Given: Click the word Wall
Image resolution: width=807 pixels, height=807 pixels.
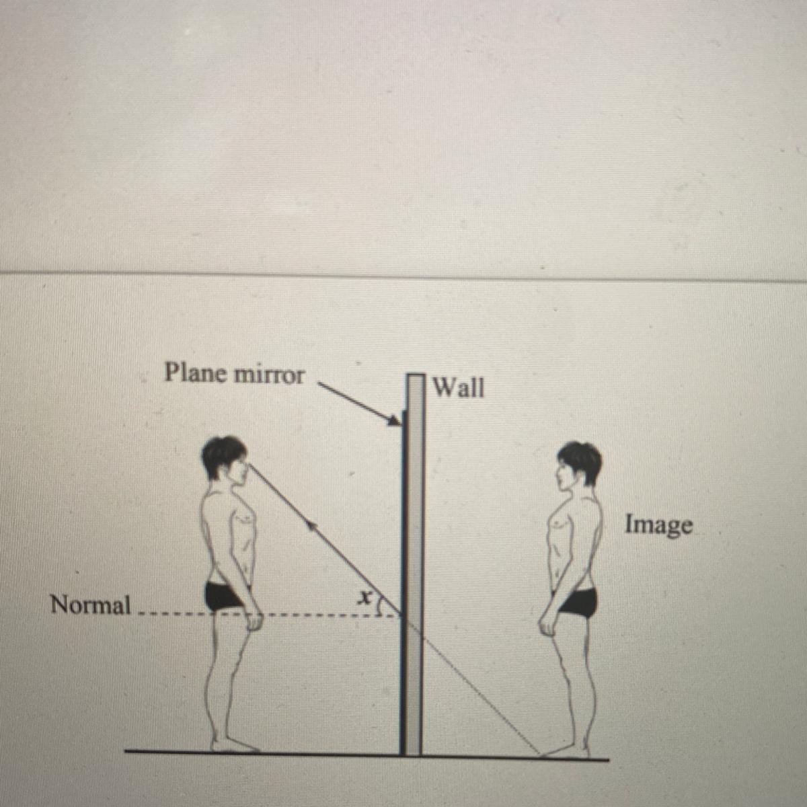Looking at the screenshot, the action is pyautogui.click(x=459, y=387).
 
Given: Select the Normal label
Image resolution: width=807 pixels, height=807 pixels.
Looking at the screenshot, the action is pyautogui.click(x=91, y=605).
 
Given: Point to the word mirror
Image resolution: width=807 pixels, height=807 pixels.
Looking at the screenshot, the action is pyautogui.click(x=268, y=375).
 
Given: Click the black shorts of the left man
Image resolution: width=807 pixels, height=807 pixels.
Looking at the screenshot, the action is pyautogui.click(x=225, y=597).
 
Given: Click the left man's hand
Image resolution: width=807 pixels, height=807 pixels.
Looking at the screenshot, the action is pyautogui.click(x=254, y=620).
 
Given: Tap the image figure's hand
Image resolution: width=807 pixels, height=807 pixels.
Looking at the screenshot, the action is pyautogui.click(x=547, y=625).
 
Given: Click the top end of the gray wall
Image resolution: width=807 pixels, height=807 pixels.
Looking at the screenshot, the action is pyautogui.click(x=416, y=375).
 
